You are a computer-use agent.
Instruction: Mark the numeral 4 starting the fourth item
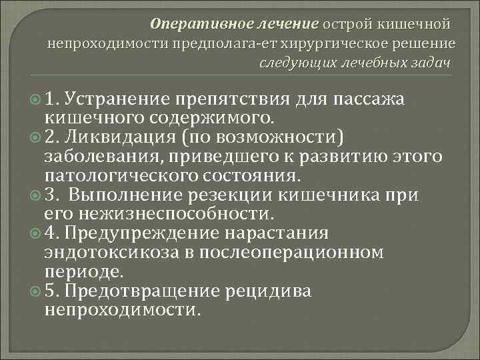[x=51, y=234]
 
